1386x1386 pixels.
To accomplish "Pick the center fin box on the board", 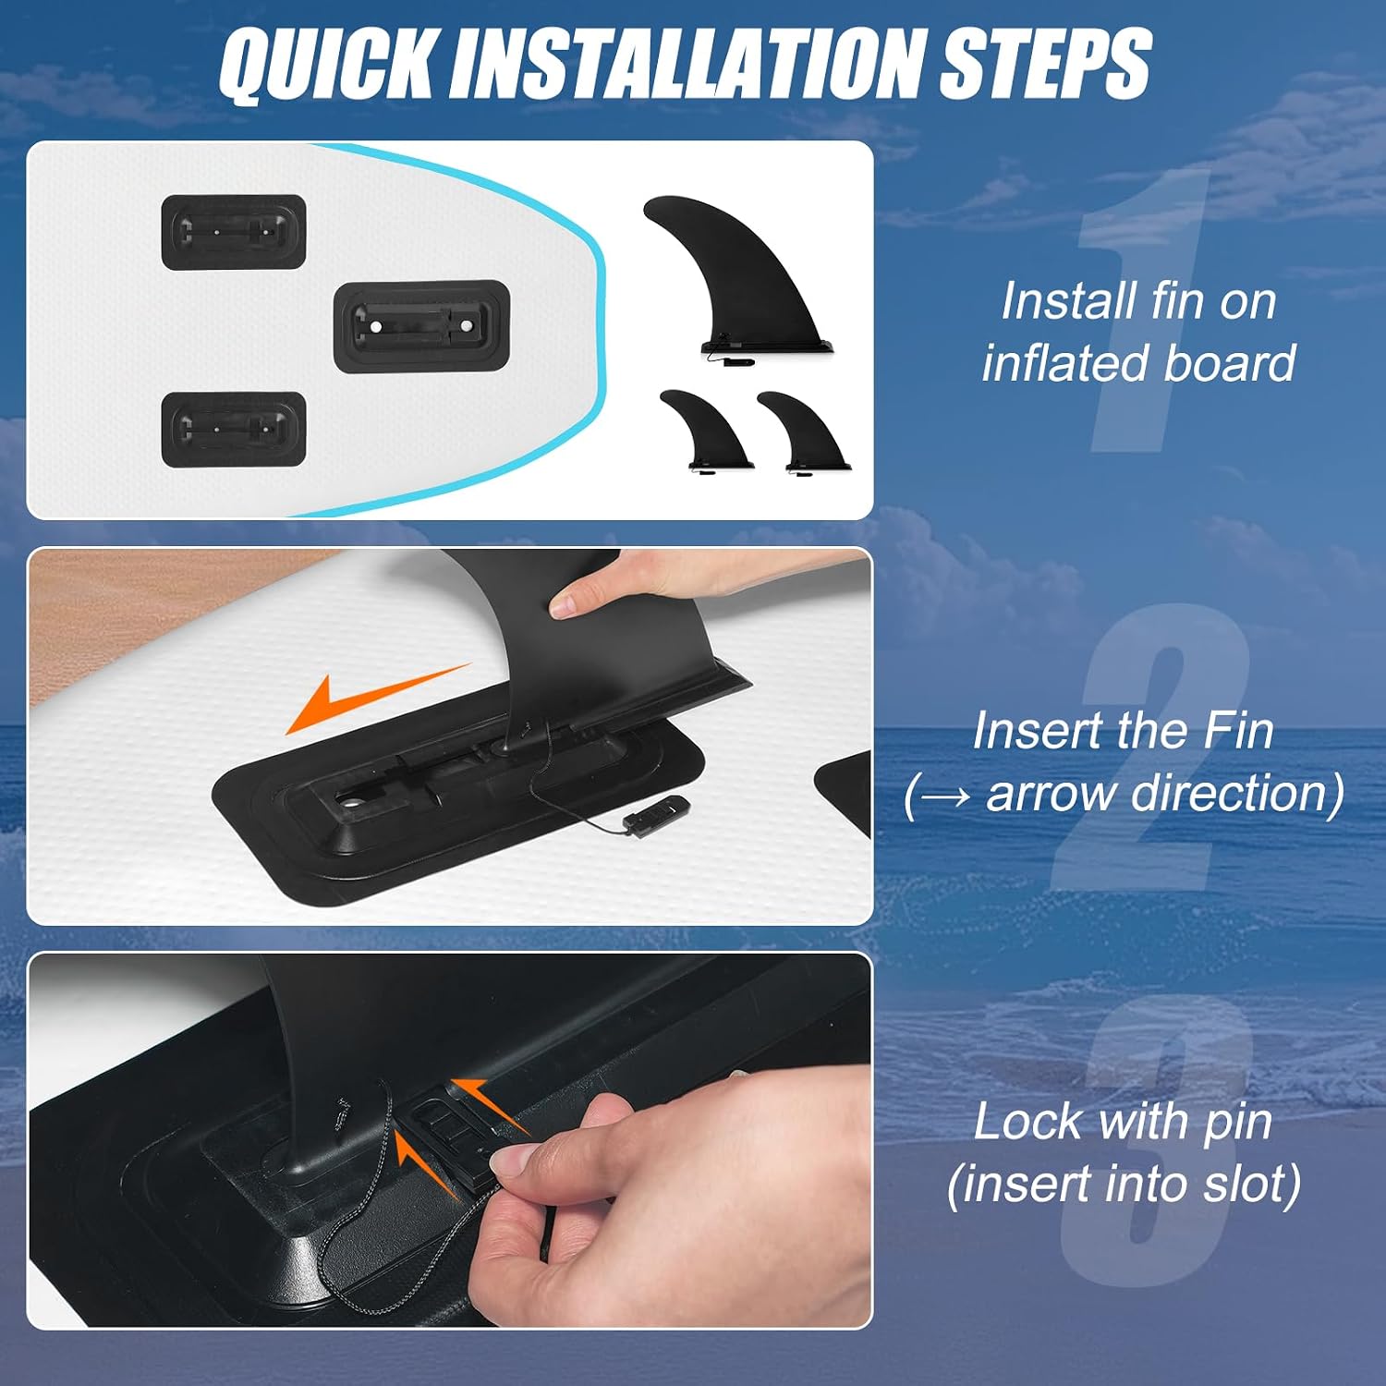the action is pyautogui.click(x=421, y=326).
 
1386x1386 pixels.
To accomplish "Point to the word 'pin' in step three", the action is pyautogui.click(x=1239, y=1125).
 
